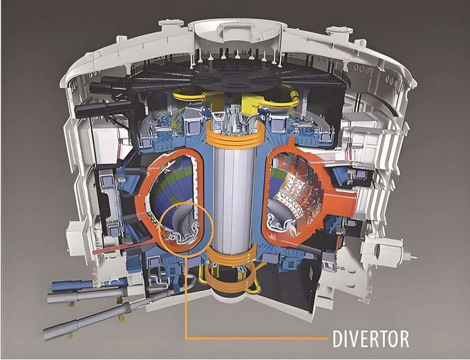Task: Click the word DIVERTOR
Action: (370, 339)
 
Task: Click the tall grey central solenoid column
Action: (234, 198)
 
